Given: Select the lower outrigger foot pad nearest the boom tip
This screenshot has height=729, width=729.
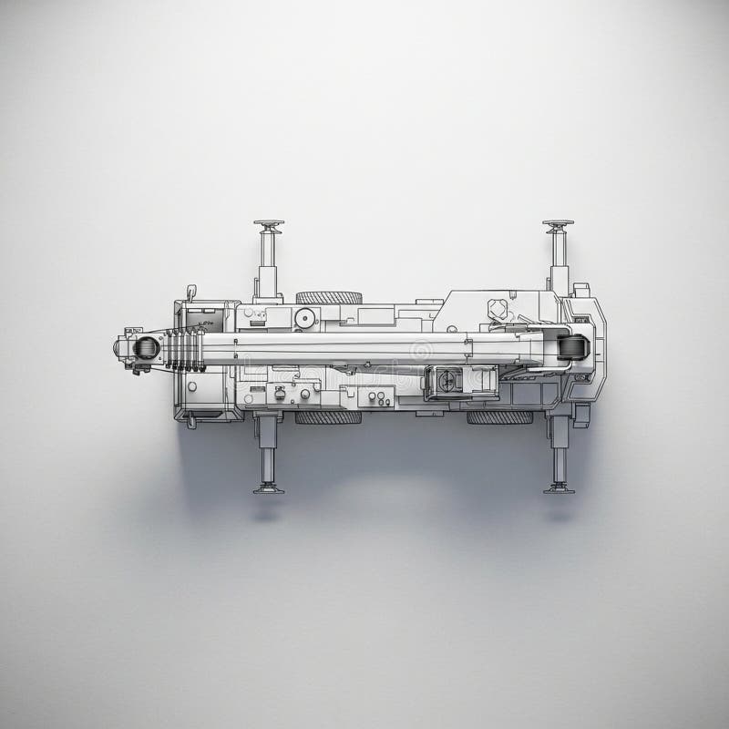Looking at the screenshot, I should tap(268, 488).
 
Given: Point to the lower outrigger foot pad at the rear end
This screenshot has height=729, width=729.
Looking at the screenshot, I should tap(559, 488).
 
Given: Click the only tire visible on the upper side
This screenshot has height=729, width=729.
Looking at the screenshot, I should tap(328, 297).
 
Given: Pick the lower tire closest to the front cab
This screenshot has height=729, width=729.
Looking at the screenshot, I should tap(328, 417).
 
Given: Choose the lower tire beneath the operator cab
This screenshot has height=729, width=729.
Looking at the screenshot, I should tap(499, 417).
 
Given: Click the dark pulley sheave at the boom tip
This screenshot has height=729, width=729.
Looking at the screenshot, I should tap(146, 347).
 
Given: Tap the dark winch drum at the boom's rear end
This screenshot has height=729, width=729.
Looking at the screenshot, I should tap(573, 347).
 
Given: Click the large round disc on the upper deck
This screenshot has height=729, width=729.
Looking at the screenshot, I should tap(305, 318).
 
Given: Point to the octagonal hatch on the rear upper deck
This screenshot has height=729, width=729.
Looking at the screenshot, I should tap(498, 308).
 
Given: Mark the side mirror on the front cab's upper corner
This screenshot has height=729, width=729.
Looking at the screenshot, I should tap(191, 292).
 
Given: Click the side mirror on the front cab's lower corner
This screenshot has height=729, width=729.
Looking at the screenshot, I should tap(191, 421).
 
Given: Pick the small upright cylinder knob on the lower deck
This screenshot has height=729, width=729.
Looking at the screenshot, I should tap(280, 395).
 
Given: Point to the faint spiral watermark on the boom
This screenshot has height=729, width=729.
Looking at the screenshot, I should tap(421, 350).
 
